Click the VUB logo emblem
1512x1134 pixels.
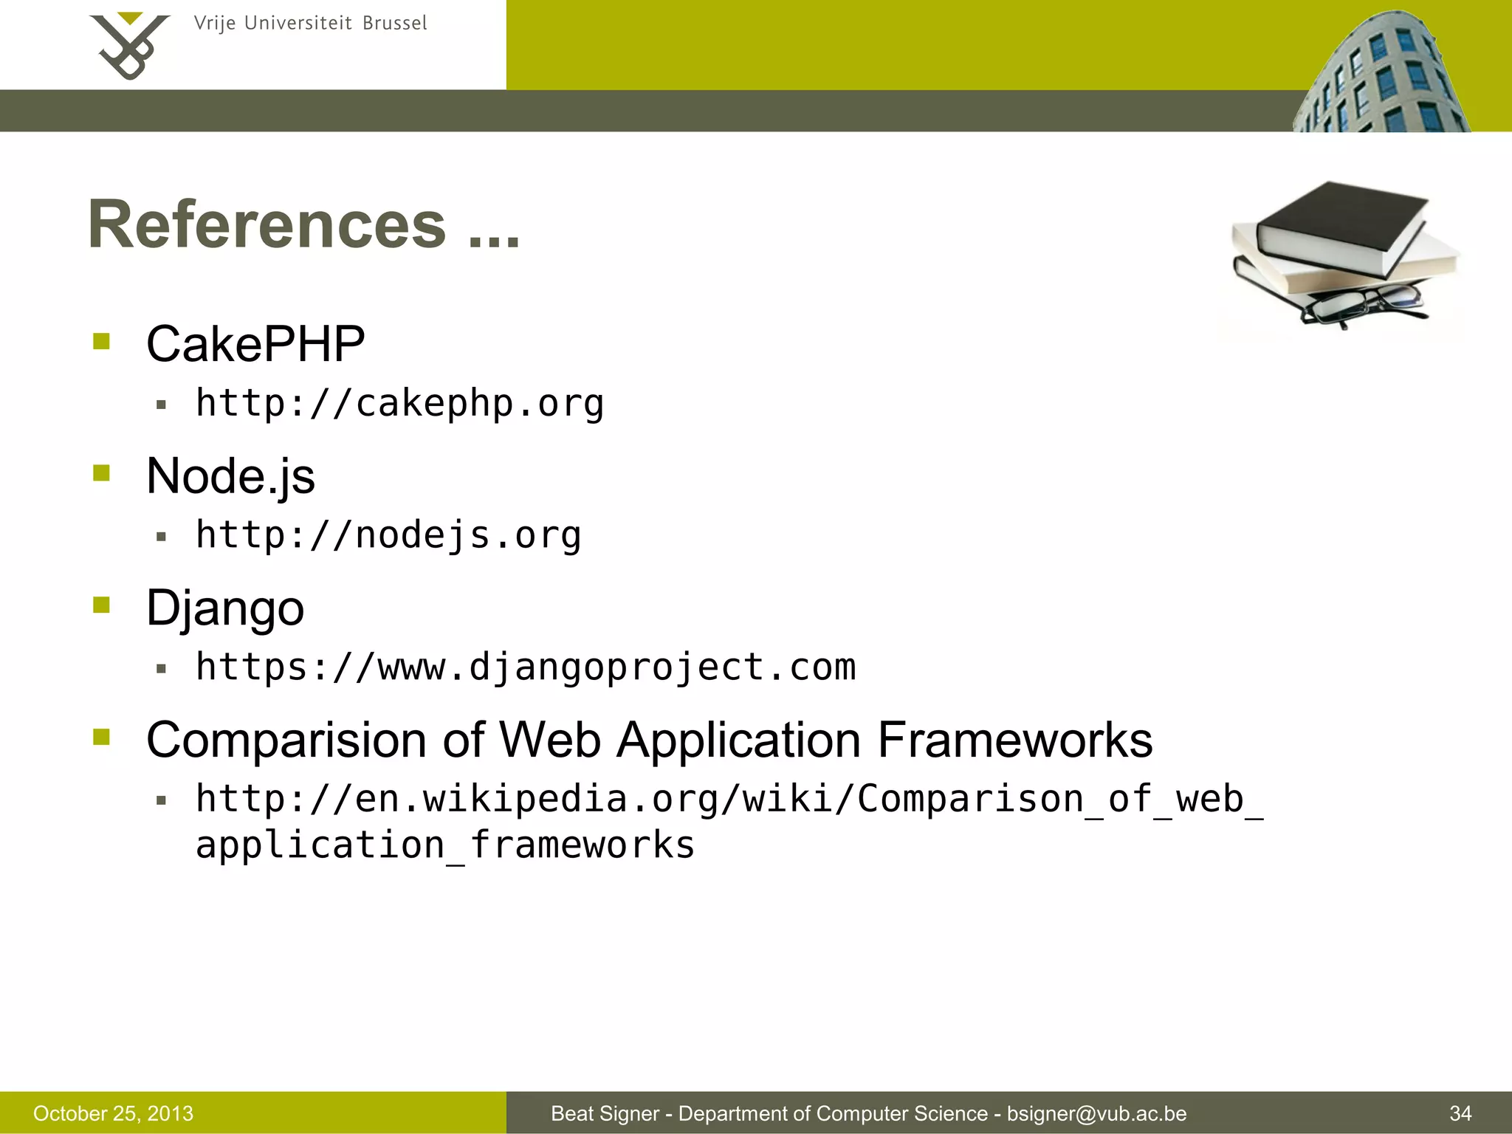tap(129, 46)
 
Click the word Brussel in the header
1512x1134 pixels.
tap(394, 24)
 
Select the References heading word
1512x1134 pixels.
tap(267, 224)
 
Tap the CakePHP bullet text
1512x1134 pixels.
tap(255, 344)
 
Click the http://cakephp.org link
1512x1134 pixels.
tap(399, 404)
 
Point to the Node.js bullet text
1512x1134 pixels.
tap(230, 476)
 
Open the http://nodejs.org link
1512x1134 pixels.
tap(388, 535)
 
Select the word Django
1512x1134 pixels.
tap(225, 608)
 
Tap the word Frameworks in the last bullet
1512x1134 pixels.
tap(1015, 740)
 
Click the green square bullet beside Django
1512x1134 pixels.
tap(102, 605)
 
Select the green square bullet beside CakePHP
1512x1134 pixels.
tap(102, 341)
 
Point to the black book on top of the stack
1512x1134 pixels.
tap(1340, 221)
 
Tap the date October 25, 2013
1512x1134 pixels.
tap(113, 1113)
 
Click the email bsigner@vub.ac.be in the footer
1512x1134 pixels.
tap(1096, 1113)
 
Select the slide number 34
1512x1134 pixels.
tap(1460, 1113)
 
